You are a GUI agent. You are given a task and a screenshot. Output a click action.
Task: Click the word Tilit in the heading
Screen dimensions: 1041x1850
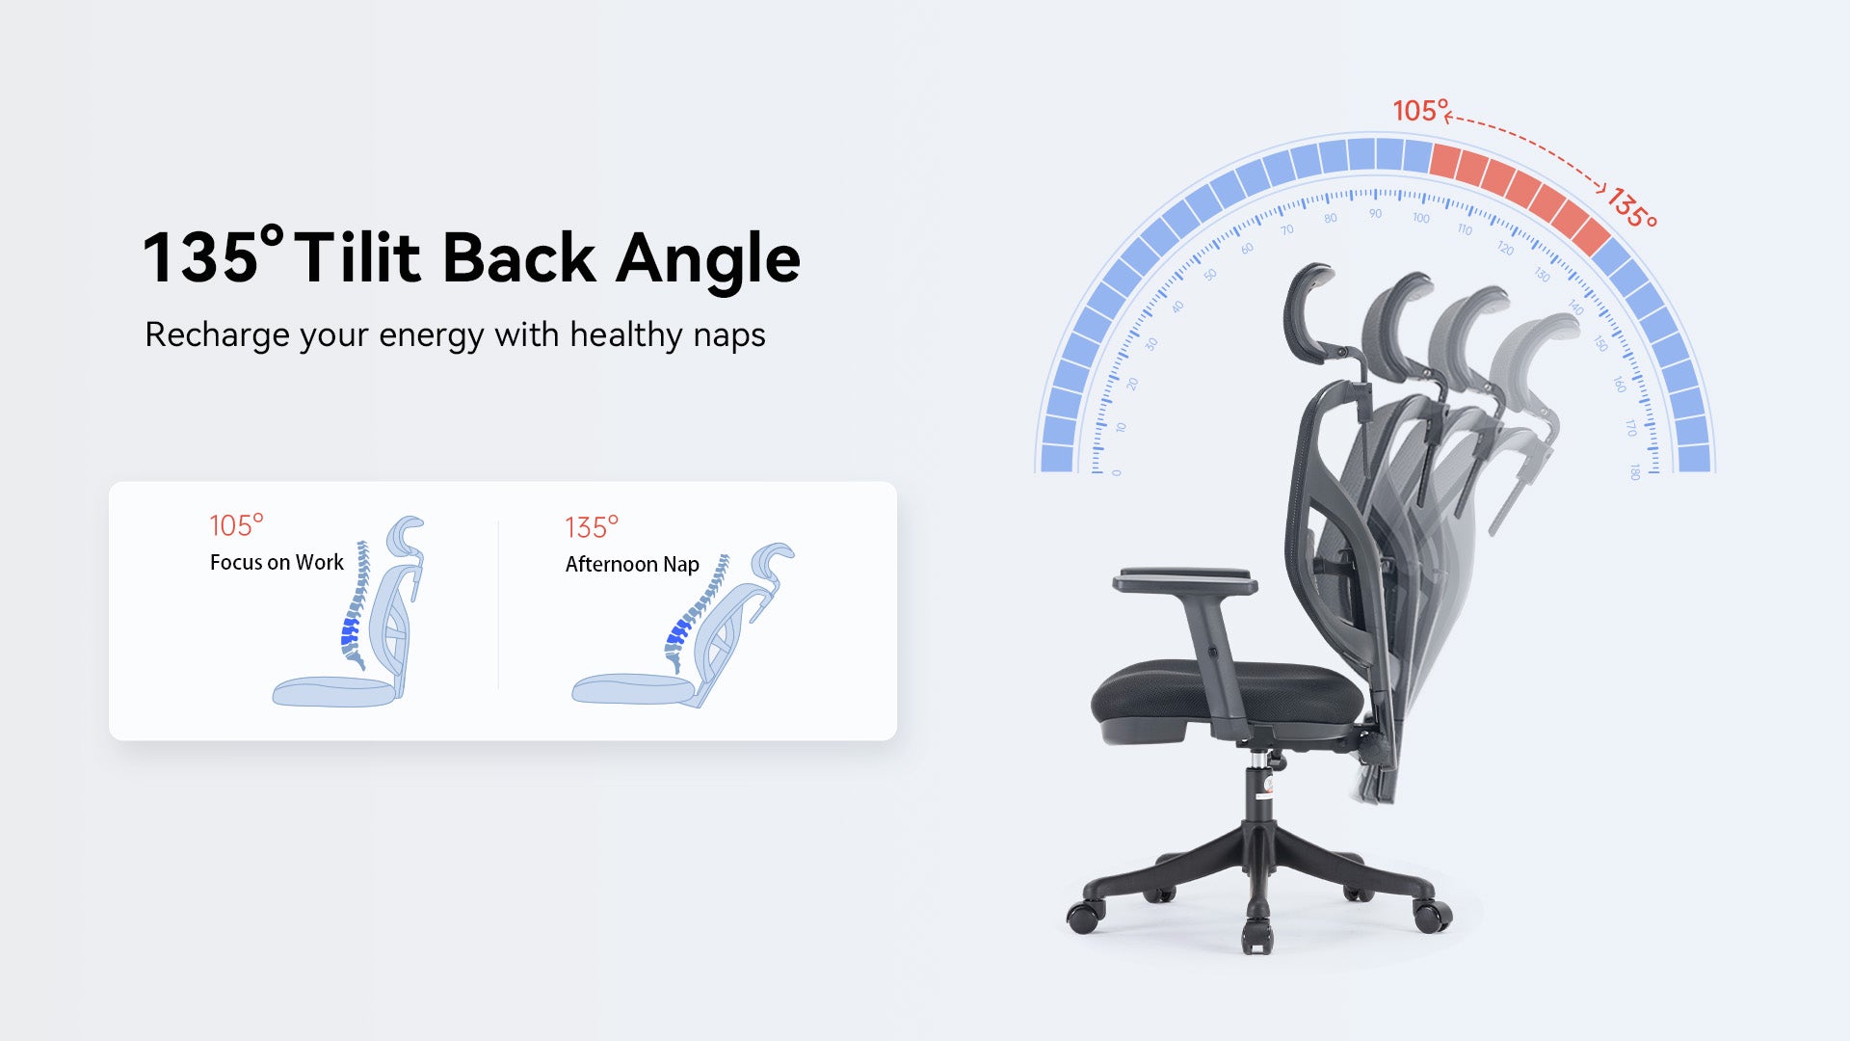coord(357,258)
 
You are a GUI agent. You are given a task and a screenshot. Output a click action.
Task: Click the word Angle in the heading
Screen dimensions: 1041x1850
coord(708,258)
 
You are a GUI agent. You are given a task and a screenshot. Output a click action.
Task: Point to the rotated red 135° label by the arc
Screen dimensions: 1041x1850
coord(1631,208)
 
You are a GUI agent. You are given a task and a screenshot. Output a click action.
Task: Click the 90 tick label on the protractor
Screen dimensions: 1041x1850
coord(1375,214)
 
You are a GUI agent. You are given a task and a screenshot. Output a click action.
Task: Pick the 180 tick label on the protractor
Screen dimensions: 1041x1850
coord(1635,471)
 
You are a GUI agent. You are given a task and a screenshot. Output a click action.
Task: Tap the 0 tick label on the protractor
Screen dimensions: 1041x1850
coord(1117,472)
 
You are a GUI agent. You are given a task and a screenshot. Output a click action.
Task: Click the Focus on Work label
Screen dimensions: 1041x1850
coord(277,562)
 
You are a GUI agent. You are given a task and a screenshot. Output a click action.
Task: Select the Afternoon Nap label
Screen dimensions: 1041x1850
coord(632,564)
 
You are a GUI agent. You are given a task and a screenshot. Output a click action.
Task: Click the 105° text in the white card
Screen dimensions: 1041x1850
coord(236,525)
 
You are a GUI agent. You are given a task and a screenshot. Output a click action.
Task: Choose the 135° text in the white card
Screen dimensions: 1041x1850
coord(592,527)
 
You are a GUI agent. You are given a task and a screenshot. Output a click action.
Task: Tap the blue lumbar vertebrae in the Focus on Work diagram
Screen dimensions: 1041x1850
coord(350,632)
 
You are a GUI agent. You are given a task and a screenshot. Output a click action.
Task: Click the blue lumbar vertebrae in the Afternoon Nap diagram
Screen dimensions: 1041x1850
coord(678,631)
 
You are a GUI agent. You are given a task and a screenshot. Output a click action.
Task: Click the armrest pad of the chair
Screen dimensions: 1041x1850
coord(1184,580)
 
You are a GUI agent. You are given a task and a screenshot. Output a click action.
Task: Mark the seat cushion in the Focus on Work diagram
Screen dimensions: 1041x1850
coord(333,691)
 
